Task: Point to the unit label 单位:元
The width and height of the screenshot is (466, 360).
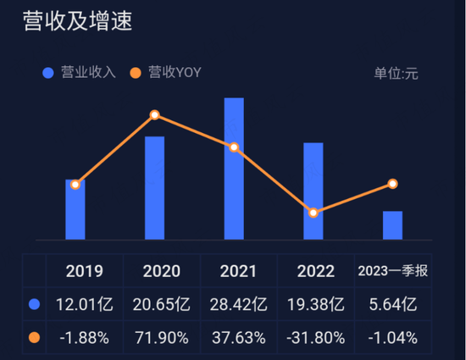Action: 396,73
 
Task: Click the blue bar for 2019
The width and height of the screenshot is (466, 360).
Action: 75,209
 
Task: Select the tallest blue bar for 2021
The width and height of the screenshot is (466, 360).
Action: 234,169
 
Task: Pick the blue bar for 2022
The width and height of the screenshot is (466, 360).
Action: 313,191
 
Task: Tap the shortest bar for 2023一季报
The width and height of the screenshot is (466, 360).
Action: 392,224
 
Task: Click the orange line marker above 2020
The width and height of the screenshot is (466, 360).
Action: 154,115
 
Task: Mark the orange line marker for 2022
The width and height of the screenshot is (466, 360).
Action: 313,213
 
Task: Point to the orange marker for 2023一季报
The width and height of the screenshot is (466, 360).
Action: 392,184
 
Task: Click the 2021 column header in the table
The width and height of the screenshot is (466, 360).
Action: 238,271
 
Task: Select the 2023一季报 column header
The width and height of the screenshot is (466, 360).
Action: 393,271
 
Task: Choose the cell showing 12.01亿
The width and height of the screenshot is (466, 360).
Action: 84,304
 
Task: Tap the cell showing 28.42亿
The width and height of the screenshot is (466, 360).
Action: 238,304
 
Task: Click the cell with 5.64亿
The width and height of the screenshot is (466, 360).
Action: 393,304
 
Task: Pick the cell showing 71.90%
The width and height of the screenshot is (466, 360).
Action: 161,337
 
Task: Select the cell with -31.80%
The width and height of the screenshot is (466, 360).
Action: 315,337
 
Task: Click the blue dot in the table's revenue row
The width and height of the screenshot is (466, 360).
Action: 35,304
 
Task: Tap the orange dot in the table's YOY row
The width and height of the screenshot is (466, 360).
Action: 35,337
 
